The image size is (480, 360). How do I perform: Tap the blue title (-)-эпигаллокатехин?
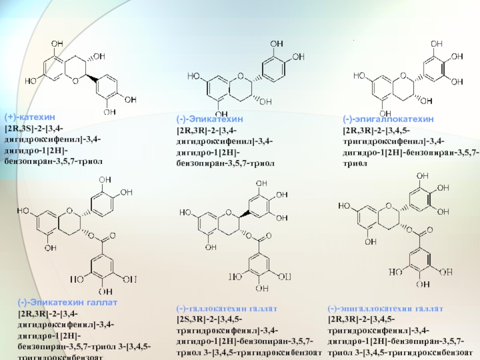coord(388,119)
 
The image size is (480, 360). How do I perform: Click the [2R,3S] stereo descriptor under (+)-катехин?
coord(21,130)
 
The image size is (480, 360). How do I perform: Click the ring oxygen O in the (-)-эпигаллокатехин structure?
coord(404,77)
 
